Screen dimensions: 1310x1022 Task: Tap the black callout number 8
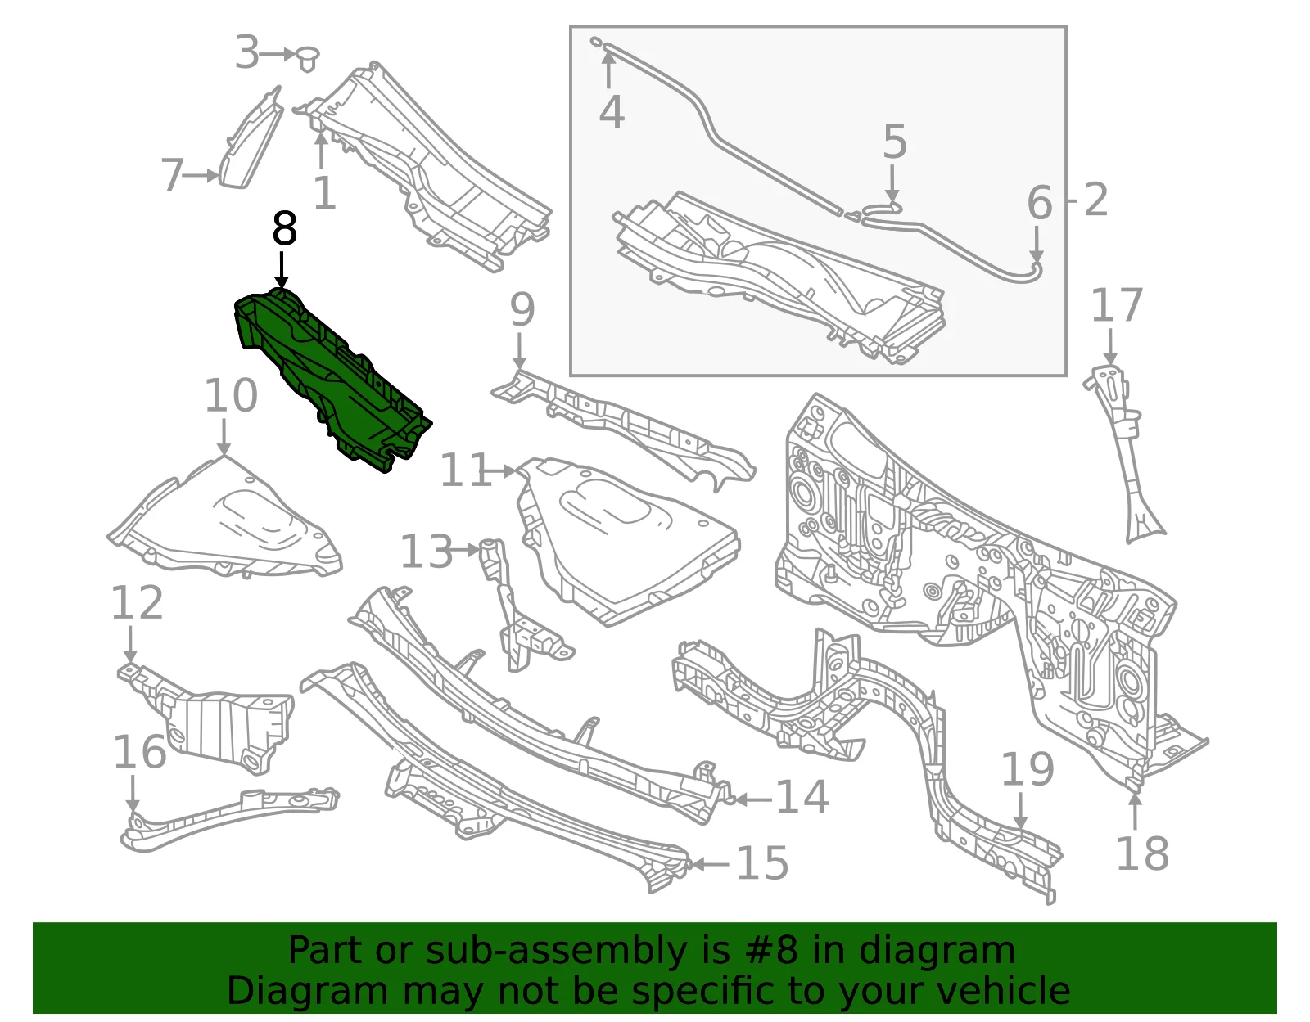(x=285, y=228)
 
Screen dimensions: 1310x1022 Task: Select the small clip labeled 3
(x=308, y=59)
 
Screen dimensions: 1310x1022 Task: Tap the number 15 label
(x=762, y=863)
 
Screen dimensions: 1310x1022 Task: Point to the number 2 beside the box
(x=1095, y=200)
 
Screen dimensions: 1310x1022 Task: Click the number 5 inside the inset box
(x=895, y=142)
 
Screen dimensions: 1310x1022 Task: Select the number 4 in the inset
(x=612, y=112)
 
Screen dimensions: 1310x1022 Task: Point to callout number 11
(x=465, y=470)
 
